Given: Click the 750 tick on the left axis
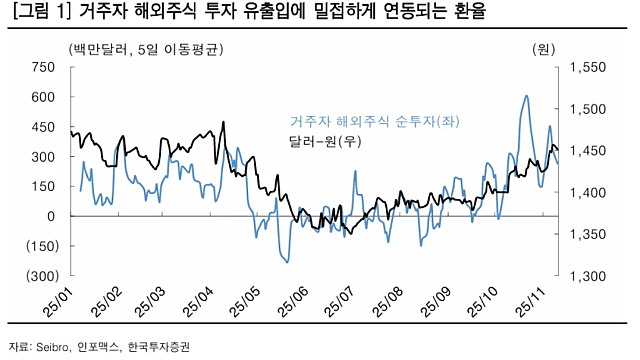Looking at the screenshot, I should click(42, 67).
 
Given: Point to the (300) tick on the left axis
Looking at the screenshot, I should click(39, 275).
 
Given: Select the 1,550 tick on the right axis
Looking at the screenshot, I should click(588, 67).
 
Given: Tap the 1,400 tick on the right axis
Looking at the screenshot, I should click(588, 192).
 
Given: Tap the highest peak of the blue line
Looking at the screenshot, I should click(526, 96).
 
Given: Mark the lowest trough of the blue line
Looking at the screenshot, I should click(287, 262).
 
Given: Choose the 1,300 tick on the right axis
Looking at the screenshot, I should click(588, 275).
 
